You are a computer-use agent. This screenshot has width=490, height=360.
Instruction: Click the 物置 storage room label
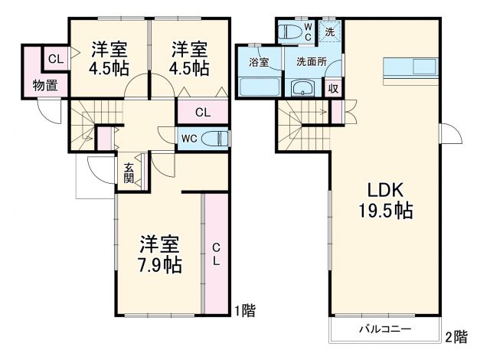tap(44, 85)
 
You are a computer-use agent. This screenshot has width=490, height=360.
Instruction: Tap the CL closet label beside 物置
tap(56, 59)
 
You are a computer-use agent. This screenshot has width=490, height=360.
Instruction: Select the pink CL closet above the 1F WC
tap(203, 112)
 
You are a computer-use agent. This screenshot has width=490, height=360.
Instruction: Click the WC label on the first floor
tap(189, 139)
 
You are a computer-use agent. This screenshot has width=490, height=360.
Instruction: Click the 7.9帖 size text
tap(159, 266)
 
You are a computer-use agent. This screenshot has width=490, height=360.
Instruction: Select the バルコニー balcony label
tap(385, 329)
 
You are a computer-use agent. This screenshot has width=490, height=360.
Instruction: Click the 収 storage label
tap(334, 87)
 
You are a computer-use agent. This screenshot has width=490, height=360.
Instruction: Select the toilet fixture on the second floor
tap(290, 32)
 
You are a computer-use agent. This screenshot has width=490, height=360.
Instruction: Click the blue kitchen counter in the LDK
tap(410, 67)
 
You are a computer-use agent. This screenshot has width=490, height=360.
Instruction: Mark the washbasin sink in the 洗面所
tap(304, 87)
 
